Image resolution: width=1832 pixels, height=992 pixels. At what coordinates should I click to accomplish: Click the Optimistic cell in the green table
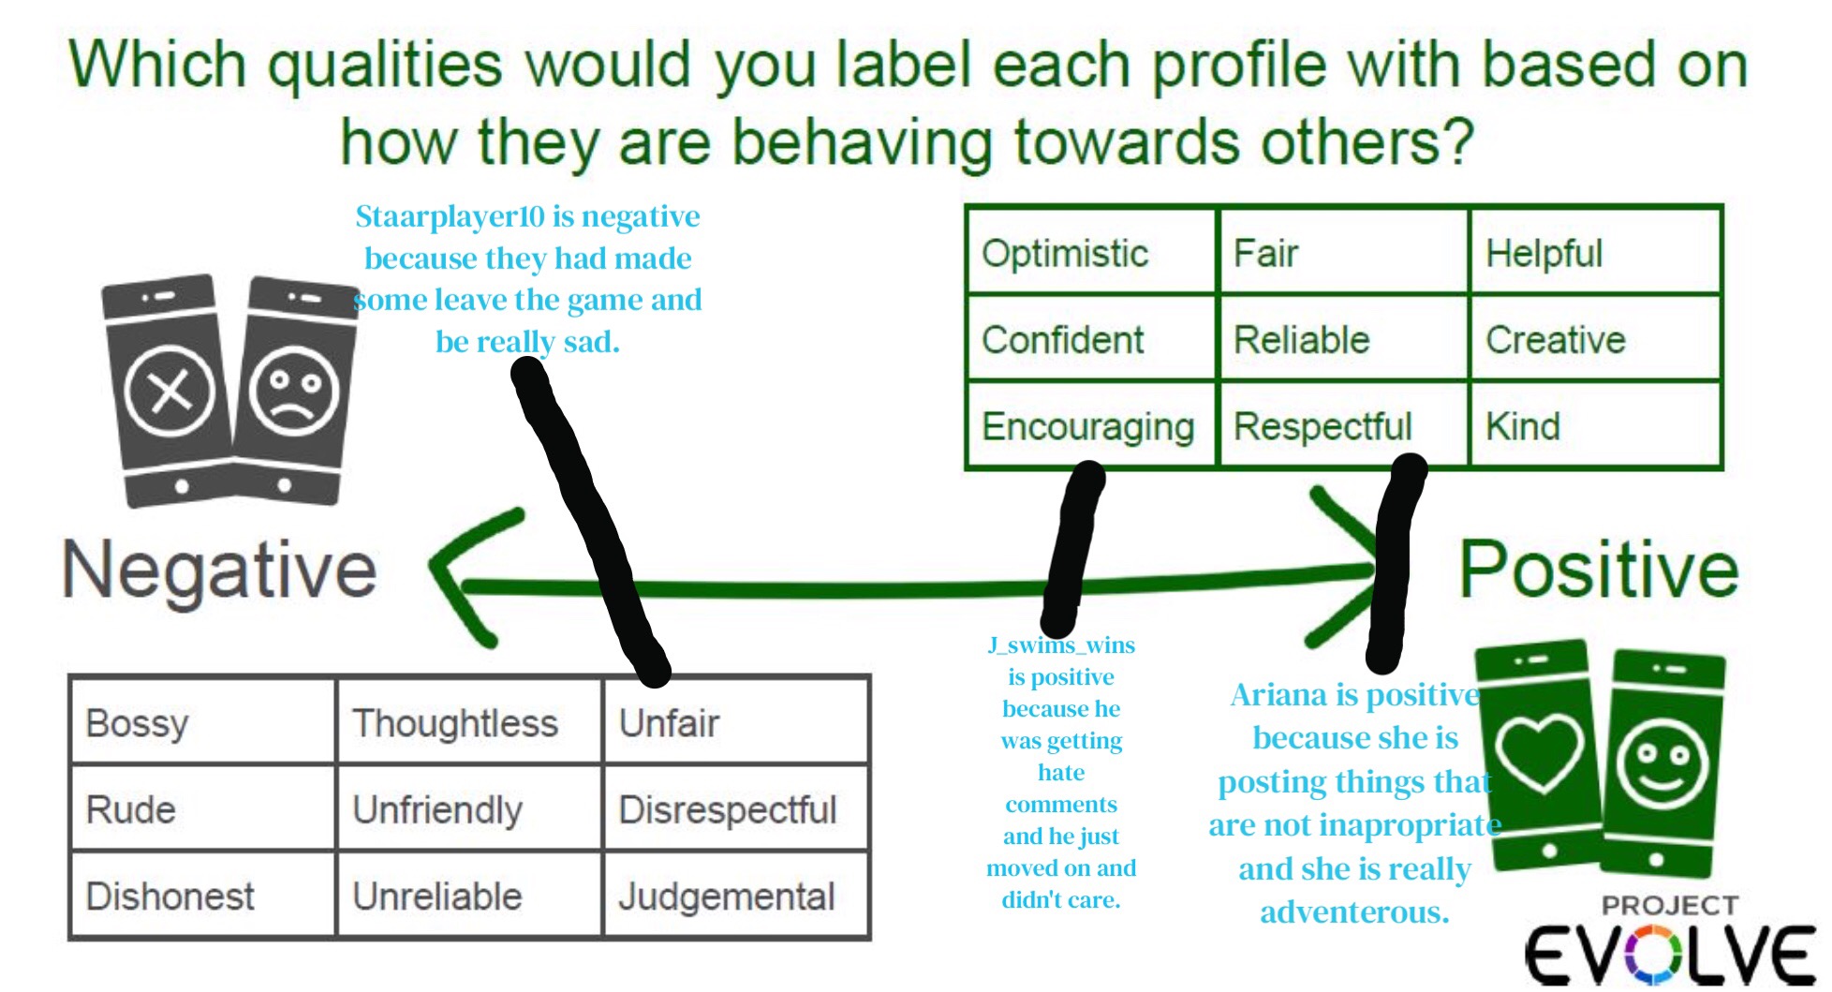click(x=1065, y=253)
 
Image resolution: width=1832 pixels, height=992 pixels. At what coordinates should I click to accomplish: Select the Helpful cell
click(x=1544, y=253)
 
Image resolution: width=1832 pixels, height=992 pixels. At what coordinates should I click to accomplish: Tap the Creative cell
click(x=1556, y=339)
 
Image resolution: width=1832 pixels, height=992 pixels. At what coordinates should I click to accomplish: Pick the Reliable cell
click(x=1302, y=339)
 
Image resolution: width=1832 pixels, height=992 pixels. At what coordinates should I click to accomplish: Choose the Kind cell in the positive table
click(x=1523, y=426)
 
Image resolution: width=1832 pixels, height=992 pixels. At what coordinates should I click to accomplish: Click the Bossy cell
click(x=137, y=723)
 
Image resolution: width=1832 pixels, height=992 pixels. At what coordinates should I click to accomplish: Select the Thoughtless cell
click(x=455, y=723)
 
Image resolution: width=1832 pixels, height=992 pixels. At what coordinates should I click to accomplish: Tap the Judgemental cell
click(x=727, y=896)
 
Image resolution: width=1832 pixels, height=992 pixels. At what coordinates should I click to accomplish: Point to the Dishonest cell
click(x=170, y=896)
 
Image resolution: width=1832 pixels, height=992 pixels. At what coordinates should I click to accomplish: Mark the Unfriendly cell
click(x=437, y=810)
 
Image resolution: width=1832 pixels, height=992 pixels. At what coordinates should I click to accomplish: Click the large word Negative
click(x=219, y=570)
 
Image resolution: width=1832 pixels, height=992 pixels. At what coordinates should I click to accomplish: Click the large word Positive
click(x=1599, y=570)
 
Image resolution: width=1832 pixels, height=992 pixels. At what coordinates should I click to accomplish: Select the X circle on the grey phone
click(x=170, y=391)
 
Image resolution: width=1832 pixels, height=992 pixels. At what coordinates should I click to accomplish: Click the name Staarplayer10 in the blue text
click(x=450, y=216)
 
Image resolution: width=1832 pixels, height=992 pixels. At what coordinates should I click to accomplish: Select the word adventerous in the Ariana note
click(x=1354, y=911)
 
